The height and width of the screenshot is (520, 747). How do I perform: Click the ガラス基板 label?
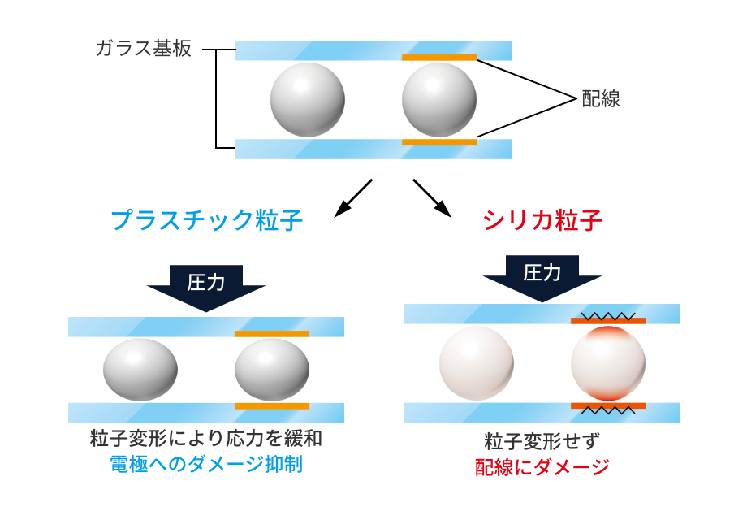143,50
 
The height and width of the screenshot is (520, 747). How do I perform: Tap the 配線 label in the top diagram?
602,99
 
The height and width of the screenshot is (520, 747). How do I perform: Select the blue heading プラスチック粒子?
206,221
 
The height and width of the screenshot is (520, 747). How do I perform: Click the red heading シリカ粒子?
542,220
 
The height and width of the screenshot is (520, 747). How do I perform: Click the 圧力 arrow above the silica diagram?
542,277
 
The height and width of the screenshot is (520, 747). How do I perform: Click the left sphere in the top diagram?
308,99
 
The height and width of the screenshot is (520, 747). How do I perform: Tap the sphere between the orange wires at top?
438,99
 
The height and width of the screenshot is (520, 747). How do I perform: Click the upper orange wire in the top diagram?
439,58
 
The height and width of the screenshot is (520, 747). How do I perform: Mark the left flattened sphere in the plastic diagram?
140,370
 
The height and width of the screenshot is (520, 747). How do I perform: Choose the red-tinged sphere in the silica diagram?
608,363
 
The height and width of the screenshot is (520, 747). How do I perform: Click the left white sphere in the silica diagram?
477,363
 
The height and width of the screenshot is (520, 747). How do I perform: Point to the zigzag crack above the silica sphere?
608,314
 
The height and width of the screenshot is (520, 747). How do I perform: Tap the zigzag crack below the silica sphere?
608,411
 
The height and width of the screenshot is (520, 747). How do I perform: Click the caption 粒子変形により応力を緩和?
206,440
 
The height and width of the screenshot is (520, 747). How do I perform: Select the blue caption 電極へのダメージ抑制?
206,465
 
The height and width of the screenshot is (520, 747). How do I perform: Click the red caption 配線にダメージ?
542,467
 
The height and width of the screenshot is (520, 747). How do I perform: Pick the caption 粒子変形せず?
542,443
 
